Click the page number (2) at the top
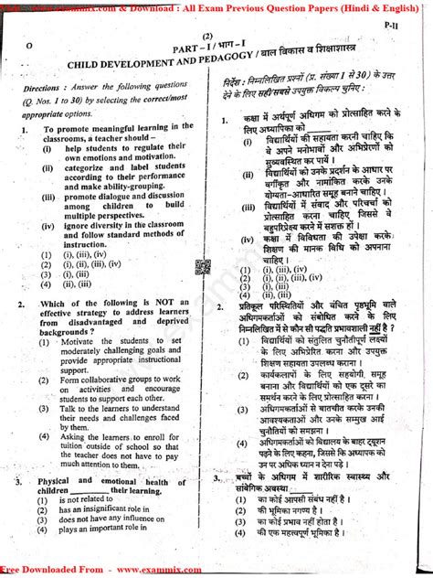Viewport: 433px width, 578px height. coord(206,35)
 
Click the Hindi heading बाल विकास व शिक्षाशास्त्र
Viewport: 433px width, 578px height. coord(314,59)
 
